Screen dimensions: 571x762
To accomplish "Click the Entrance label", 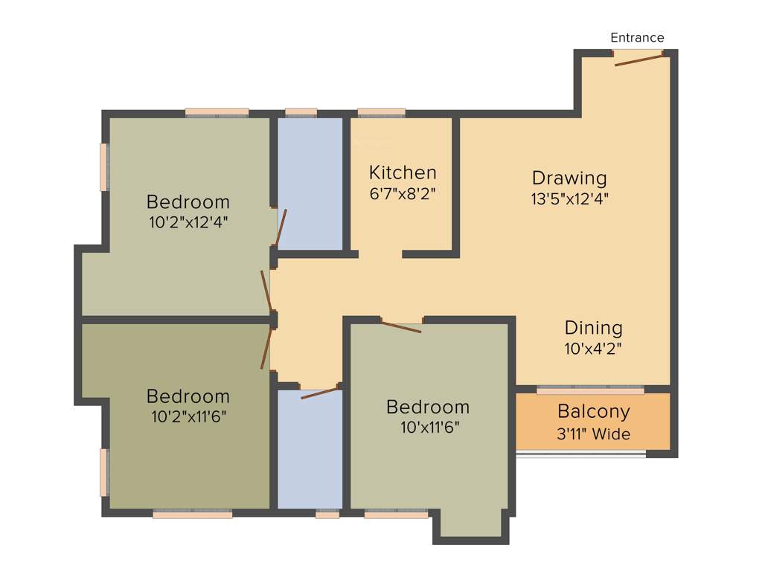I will (x=637, y=38).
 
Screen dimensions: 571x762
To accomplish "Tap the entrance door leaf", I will (x=638, y=59).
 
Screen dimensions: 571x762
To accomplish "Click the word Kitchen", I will (x=403, y=173).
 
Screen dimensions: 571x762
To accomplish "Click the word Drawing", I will (x=569, y=178).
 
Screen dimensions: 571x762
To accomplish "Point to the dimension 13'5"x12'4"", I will (x=570, y=199).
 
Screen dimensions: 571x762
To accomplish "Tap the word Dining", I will (x=593, y=328).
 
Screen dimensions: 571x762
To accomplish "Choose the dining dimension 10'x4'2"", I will (x=593, y=347).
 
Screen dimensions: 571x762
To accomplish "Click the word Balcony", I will (x=593, y=411).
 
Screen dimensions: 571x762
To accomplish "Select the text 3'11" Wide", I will (x=593, y=434).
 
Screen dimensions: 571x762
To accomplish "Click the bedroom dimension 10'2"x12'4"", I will (x=188, y=222).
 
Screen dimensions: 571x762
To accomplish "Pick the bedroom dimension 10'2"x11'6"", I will (x=188, y=416).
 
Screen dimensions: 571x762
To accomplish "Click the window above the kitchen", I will (x=381, y=113).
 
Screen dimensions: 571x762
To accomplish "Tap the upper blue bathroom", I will (x=310, y=182).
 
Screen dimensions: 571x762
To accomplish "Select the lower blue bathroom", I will (x=310, y=450).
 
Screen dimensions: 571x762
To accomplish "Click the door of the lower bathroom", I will (x=320, y=392).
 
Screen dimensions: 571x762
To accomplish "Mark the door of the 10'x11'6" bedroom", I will (x=401, y=326).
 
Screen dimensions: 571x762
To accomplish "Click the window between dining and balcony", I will (x=590, y=390).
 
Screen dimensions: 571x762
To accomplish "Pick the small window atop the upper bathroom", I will (x=301, y=113).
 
